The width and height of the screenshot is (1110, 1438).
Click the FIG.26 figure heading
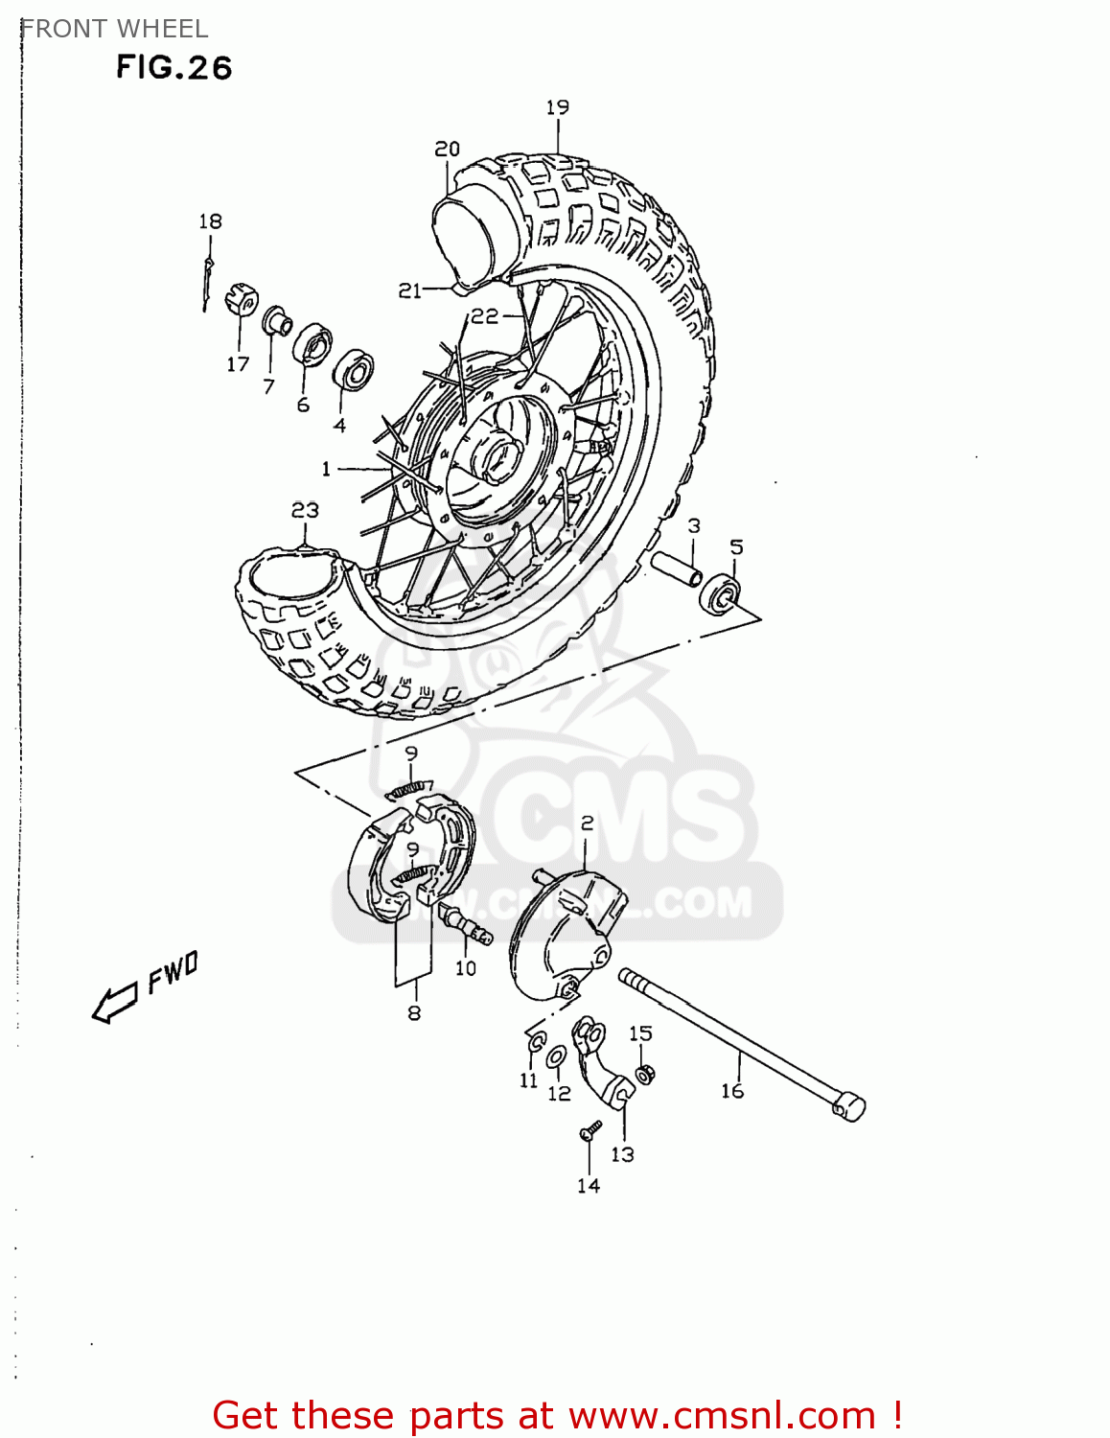click(173, 68)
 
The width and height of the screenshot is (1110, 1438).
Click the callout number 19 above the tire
click(557, 107)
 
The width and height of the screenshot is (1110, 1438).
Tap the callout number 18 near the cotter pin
click(210, 221)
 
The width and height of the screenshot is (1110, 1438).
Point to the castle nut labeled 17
click(241, 300)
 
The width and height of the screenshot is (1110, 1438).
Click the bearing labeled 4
click(353, 370)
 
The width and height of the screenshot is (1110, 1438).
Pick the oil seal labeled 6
click(312, 344)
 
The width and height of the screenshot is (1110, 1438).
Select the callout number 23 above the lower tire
click(305, 510)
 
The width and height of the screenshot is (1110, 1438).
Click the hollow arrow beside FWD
click(114, 1004)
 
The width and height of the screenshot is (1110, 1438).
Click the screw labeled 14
click(590, 1131)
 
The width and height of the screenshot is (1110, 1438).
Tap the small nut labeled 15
click(644, 1072)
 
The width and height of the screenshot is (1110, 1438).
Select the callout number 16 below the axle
click(732, 1091)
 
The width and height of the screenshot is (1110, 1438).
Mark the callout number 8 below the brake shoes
click(414, 1013)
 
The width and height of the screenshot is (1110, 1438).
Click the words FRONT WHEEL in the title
click(114, 29)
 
